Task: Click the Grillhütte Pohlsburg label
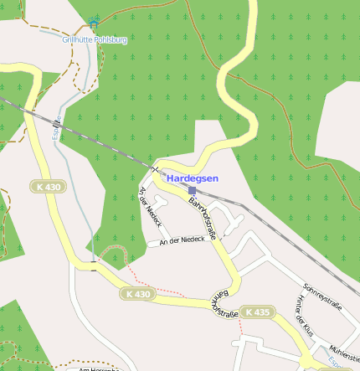[x=95, y=39]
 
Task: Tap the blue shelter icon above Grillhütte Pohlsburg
[x=93, y=18]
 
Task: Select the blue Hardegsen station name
[x=192, y=178]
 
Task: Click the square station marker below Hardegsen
[x=192, y=191]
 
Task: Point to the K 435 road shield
[x=256, y=312]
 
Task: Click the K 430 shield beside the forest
[x=49, y=187]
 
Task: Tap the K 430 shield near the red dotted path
[x=137, y=294]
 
